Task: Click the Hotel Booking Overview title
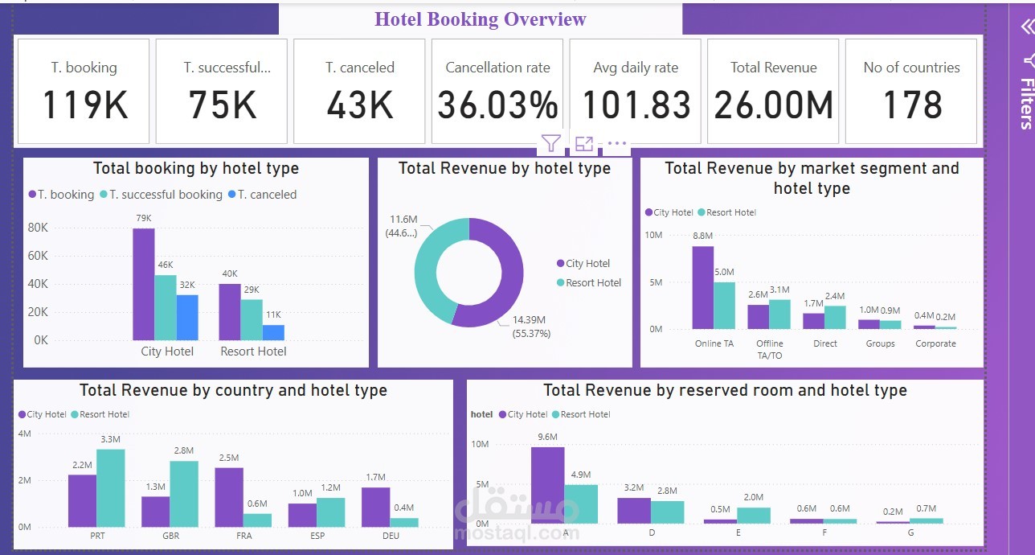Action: point(481,19)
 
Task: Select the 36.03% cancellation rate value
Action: point(497,105)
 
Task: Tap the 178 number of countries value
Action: point(911,105)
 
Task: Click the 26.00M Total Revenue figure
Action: point(773,105)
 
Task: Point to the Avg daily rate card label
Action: point(636,68)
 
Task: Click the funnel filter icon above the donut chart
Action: point(550,144)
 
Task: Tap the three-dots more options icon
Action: point(616,144)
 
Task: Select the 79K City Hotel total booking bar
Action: point(144,284)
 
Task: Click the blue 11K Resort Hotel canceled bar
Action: point(273,332)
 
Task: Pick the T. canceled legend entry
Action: point(263,195)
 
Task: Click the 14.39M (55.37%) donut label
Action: point(531,327)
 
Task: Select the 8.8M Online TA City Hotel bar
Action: point(703,287)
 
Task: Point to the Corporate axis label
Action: point(935,343)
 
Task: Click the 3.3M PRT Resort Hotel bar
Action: point(111,487)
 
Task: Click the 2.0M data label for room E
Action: point(754,497)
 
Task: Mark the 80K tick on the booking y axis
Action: point(38,228)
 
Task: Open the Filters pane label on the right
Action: point(1026,103)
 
